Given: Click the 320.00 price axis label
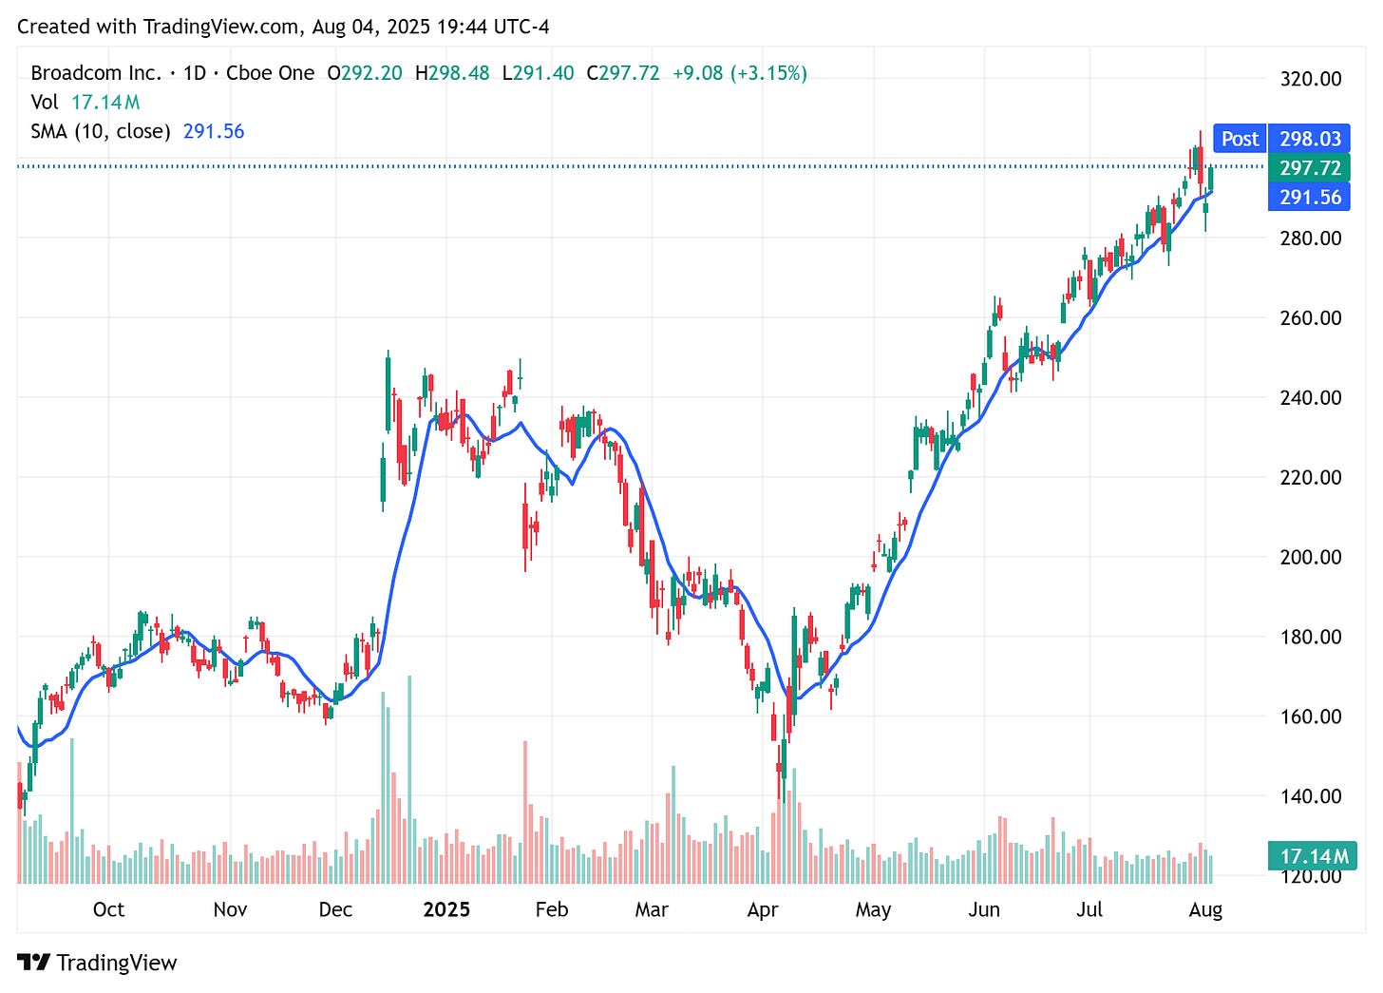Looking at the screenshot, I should click(x=1310, y=79).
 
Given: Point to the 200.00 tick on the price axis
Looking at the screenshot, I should click(x=1310, y=557).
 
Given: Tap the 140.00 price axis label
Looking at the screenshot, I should click(x=1310, y=796).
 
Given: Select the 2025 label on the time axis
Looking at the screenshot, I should click(x=446, y=909).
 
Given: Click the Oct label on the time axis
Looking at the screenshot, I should click(x=108, y=909).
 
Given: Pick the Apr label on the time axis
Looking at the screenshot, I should click(x=762, y=909).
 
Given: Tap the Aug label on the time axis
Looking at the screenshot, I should click(x=1205, y=909).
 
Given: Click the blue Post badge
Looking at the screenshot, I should click(x=1240, y=139).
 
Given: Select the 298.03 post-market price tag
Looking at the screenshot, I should click(x=1310, y=139).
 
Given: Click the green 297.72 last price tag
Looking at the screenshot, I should click(x=1310, y=168).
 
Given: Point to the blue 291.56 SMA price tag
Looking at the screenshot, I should click(x=1310, y=198).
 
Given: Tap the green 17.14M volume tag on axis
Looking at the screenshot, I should click(x=1313, y=856).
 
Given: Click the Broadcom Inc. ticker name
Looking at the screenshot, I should click(x=96, y=73).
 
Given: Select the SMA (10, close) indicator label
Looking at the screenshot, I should click(x=101, y=131).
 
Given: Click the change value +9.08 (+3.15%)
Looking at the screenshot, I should click(x=739, y=73).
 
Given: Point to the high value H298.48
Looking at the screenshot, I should click(x=452, y=73).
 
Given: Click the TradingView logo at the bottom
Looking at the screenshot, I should click(x=98, y=963).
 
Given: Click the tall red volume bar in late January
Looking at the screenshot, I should click(x=525, y=812).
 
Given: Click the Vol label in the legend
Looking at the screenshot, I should click(x=44, y=102).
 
